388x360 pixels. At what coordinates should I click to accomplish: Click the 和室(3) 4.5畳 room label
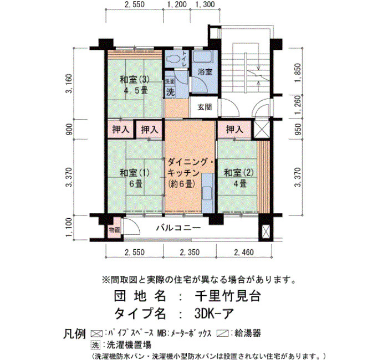click(135, 85)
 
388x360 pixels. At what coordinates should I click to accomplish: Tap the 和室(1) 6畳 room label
click(135, 178)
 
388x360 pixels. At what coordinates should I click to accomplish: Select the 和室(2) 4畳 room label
click(239, 178)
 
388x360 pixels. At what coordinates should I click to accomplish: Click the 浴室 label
click(205, 72)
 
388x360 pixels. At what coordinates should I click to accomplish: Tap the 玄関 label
click(205, 107)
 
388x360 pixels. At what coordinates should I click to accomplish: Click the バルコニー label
click(178, 228)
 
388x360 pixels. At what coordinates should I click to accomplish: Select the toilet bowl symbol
click(173, 59)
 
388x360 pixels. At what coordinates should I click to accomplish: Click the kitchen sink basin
click(207, 193)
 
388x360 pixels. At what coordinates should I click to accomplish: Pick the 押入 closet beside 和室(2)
click(234, 129)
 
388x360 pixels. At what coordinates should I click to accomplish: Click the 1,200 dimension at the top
click(177, 4)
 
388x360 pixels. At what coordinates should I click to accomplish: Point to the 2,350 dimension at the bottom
click(190, 252)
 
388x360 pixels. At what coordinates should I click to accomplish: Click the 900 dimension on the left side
click(70, 129)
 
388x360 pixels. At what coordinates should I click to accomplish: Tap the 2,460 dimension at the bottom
click(244, 252)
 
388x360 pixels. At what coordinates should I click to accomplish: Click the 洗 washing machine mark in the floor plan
click(170, 92)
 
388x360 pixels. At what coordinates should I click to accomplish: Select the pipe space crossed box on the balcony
click(265, 232)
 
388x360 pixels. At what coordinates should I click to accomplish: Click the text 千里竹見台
click(228, 296)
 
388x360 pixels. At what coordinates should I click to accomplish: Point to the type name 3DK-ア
click(215, 314)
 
